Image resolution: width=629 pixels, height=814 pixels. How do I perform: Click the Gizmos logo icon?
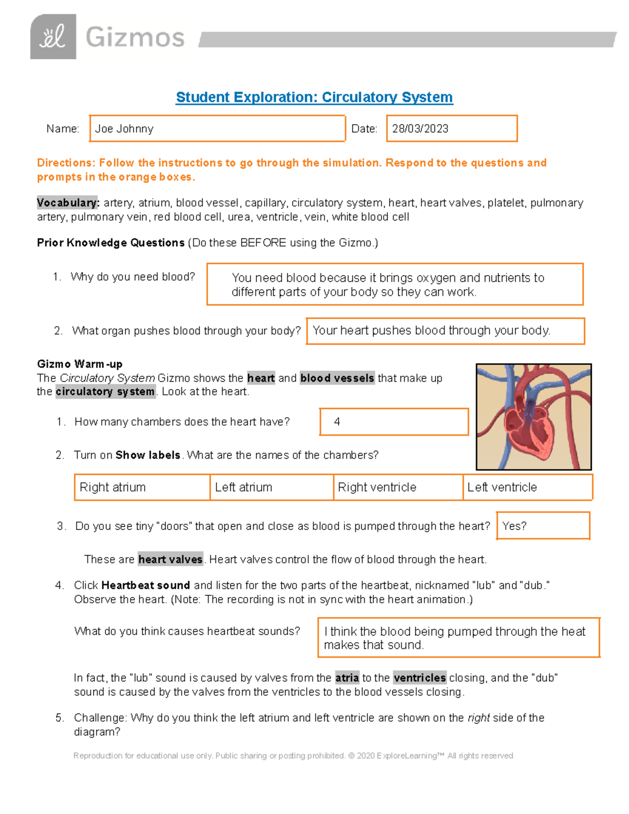[53, 37]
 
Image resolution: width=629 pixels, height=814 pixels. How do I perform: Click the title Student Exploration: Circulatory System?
[314, 97]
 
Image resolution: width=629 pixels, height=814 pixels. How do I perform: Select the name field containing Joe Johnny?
[217, 128]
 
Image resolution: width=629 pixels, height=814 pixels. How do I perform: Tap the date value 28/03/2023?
[420, 129]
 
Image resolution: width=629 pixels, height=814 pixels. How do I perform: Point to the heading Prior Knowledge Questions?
[111, 243]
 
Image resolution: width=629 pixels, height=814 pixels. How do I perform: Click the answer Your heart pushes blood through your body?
[431, 331]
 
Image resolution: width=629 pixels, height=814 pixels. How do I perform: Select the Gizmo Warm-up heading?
[80, 364]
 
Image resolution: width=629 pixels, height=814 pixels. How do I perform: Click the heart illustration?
[534, 417]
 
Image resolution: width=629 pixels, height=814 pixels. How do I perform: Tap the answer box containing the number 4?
[394, 422]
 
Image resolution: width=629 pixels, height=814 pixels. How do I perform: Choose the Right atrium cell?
[142, 487]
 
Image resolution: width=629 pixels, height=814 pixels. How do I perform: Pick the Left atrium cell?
[272, 487]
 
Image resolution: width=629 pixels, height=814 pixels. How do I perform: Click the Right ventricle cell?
[398, 487]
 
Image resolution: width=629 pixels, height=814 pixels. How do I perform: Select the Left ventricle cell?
[527, 487]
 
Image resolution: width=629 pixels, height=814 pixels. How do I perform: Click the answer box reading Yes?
[543, 526]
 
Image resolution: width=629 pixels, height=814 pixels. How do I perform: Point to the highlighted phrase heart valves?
[170, 559]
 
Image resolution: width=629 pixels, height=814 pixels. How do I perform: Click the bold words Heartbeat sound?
[145, 585]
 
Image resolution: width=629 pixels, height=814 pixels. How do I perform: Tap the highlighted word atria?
[347, 678]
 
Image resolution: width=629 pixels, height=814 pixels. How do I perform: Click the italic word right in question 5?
[478, 718]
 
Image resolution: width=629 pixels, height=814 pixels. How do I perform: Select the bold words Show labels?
[148, 455]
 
